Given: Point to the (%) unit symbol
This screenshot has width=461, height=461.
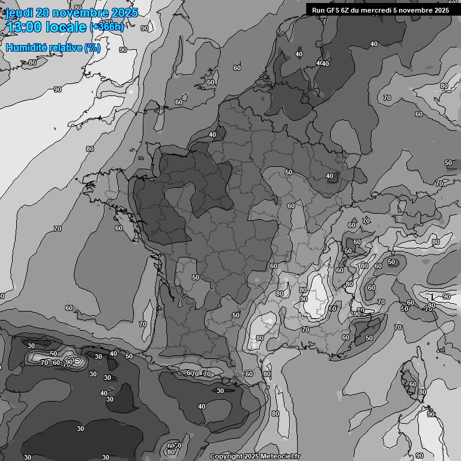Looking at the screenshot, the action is pyautogui.click(x=92, y=47).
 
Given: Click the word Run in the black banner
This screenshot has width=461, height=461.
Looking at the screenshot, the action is pyautogui.click(x=318, y=10).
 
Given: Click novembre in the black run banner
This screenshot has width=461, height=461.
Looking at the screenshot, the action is pyautogui.click(x=416, y=10).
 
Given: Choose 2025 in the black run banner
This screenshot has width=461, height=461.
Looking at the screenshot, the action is pyautogui.click(x=441, y=10).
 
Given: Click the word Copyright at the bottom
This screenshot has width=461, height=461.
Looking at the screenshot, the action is pyautogui.click(x=226, y=456).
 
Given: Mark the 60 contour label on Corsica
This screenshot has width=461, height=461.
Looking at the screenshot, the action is pyautogui.click(x=412, y=384).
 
